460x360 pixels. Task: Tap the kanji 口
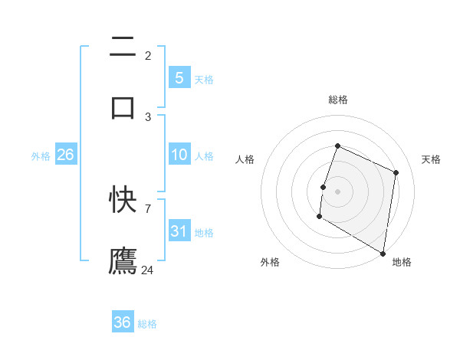pyautogui.click(x=123, y=106)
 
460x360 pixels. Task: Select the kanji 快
pyautogui.click(x=123, y=201)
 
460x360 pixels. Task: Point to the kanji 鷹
pyautogui.click(x=123, y=260)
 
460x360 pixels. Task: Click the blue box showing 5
pyautogui.click(x=179, y=77)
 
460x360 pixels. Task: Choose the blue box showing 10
pyautogui.click(x=179, y=155)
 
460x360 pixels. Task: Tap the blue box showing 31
pyautogui.click(x=179, y=231)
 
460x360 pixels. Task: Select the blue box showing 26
pyautogui.click(x=65, y=155)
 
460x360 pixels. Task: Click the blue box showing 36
pyautogui.click(x=123, y=322)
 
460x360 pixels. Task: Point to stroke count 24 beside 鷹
pyautogui.click(x=148, y=270)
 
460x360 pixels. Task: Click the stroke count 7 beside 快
pyautogui.click(x=148, y=208)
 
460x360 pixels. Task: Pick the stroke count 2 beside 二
pyautogui.click(x=148, y=55)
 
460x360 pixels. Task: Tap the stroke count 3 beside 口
pyautogui.click(x=148, y=116)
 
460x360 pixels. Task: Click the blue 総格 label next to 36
pyautogui.click(x=147, y=324)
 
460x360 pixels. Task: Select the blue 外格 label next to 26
pyautogui.click(x=41, y=156)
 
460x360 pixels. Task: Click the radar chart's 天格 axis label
pyautogui.click(x=431, y=159)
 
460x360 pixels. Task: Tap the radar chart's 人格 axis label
pyautogui.click(x=245, y=159)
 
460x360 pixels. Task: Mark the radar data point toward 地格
pyautogui.click(x=383, y=253)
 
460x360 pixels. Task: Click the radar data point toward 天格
pyautogui.click(x=396, y=172)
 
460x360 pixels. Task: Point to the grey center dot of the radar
pyautogui.click(x=338, y=191)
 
